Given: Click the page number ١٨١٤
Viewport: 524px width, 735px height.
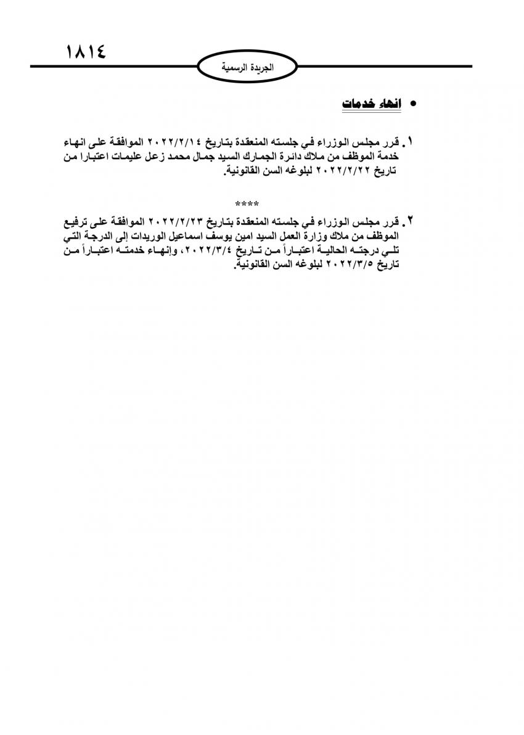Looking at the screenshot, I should point(85,52).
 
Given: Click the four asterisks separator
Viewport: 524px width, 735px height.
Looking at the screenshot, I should point(247,203).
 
